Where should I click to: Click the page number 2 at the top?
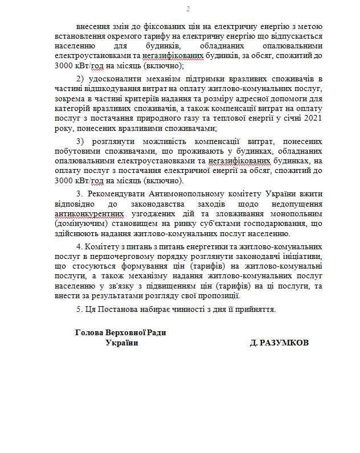tap(188, 9)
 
